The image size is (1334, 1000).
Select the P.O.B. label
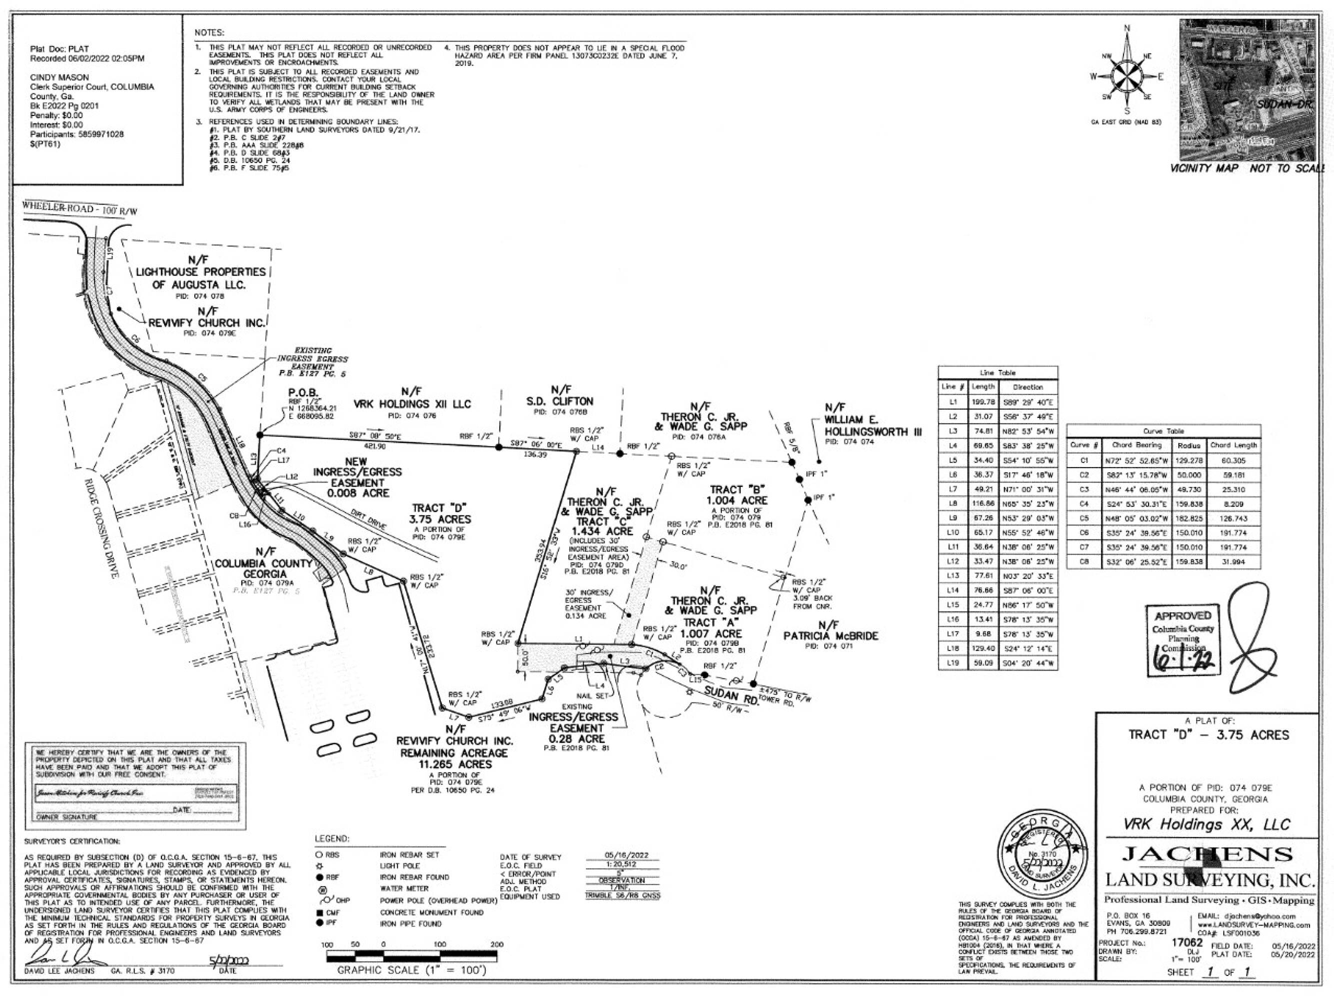click(305, 392)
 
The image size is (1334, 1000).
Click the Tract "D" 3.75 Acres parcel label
click(441, 514)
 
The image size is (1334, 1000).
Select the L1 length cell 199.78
click(983, 401)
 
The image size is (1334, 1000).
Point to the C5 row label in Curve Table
click(1083, 518)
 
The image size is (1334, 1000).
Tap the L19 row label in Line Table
click(953, 663)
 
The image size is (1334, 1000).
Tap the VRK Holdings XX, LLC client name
click(1206, 824)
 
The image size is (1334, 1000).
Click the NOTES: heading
click(209, 32)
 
